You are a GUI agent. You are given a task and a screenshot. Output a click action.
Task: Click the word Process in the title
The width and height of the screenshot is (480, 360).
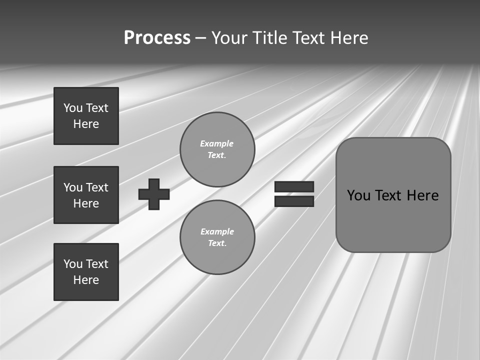157,38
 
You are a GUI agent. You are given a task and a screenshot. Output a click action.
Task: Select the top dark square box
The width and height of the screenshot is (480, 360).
86,116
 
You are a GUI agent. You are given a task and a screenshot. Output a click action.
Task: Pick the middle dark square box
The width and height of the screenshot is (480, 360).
86,195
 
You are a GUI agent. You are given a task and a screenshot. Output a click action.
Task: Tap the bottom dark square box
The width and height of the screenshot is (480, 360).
86,272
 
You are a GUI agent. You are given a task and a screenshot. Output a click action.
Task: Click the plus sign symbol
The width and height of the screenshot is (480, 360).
154,193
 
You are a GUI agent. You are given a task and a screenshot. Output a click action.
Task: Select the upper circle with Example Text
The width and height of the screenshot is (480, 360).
217,149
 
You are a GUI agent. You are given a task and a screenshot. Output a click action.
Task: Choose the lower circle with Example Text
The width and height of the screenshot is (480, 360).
217,237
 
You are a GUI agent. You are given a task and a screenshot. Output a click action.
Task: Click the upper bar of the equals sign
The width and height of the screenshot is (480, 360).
294,186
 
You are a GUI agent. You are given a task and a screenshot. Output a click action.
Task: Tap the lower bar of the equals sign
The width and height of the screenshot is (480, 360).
294,201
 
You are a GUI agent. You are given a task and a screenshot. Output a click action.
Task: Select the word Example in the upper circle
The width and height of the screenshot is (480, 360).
216,143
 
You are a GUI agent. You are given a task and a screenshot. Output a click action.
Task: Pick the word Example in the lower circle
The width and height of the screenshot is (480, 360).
217,231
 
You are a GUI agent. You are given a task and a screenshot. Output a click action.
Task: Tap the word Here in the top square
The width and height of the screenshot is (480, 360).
86,124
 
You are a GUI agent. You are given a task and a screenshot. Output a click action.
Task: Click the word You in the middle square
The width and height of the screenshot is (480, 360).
73,187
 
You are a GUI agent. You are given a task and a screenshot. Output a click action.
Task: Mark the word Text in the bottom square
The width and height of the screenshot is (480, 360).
97,264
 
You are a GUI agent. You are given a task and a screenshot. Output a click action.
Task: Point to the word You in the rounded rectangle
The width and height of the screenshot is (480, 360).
358,195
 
